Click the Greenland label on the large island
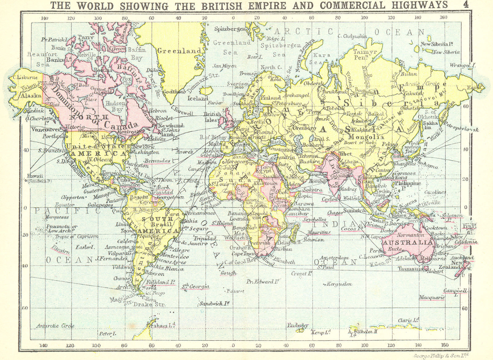179,51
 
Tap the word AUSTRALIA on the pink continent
408,242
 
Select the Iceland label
198,98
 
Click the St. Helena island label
222,223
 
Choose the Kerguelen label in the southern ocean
339,284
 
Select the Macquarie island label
432,297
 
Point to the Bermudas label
157,161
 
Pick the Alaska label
31,96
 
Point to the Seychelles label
314,219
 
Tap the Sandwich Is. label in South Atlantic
215,304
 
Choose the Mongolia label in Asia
366,137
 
